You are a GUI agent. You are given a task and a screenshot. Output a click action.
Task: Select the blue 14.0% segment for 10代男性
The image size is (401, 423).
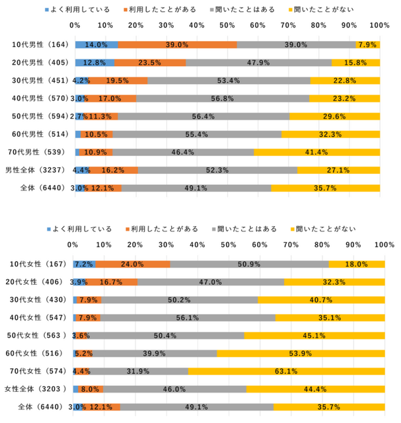point(96,45)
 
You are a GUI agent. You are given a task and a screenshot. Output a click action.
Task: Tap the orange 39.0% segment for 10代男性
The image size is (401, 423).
point(177,45)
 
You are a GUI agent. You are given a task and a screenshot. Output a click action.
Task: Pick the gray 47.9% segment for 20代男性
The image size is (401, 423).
point(258,63)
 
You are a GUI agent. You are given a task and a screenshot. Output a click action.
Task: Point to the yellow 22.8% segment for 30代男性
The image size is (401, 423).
point(345,81)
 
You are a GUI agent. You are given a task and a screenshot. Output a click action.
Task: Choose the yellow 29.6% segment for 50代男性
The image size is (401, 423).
point(334,116)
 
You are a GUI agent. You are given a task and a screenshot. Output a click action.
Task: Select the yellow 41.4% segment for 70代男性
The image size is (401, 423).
point(316,152)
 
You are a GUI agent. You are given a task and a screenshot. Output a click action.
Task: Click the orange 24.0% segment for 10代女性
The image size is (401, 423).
point(133,264)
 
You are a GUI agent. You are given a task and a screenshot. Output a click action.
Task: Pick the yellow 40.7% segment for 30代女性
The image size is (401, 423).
point(321,300)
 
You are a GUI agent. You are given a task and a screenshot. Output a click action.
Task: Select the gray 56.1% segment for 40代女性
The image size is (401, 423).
point(188,318)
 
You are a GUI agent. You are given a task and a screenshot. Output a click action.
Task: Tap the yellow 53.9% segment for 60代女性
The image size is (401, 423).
point(301,354)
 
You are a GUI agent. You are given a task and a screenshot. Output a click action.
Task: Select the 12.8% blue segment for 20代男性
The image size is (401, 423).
point(94,63)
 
